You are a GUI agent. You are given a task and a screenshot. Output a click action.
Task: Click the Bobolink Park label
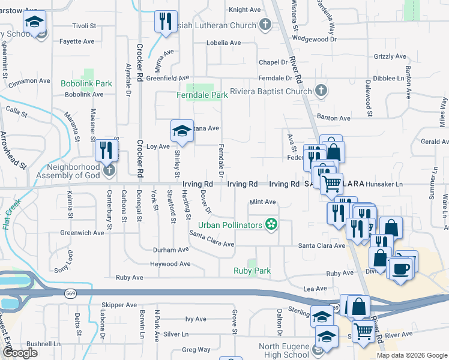tap(86, 83)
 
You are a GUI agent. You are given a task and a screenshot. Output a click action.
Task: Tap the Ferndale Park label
tap(202, 95)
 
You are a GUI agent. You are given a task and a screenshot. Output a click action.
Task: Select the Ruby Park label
tap(252, 271)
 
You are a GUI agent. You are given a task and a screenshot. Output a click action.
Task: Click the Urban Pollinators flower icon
tap(271, 225)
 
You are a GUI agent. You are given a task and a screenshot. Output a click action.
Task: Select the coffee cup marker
tap(400, 268)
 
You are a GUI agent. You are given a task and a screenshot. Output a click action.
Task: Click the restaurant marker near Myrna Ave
tap(164, 22)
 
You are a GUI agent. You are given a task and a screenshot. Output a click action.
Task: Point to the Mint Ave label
tap(262, 202)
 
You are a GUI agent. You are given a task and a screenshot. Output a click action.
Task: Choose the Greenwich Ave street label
tap(82, 233)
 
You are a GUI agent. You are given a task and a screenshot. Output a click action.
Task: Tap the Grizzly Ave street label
tap(390, 56)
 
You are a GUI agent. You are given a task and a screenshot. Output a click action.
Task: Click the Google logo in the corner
tap(20, 353)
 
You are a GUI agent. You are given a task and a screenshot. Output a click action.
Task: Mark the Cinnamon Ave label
tap(28, 80)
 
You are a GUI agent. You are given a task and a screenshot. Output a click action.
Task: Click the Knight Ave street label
tap(245, 10)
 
